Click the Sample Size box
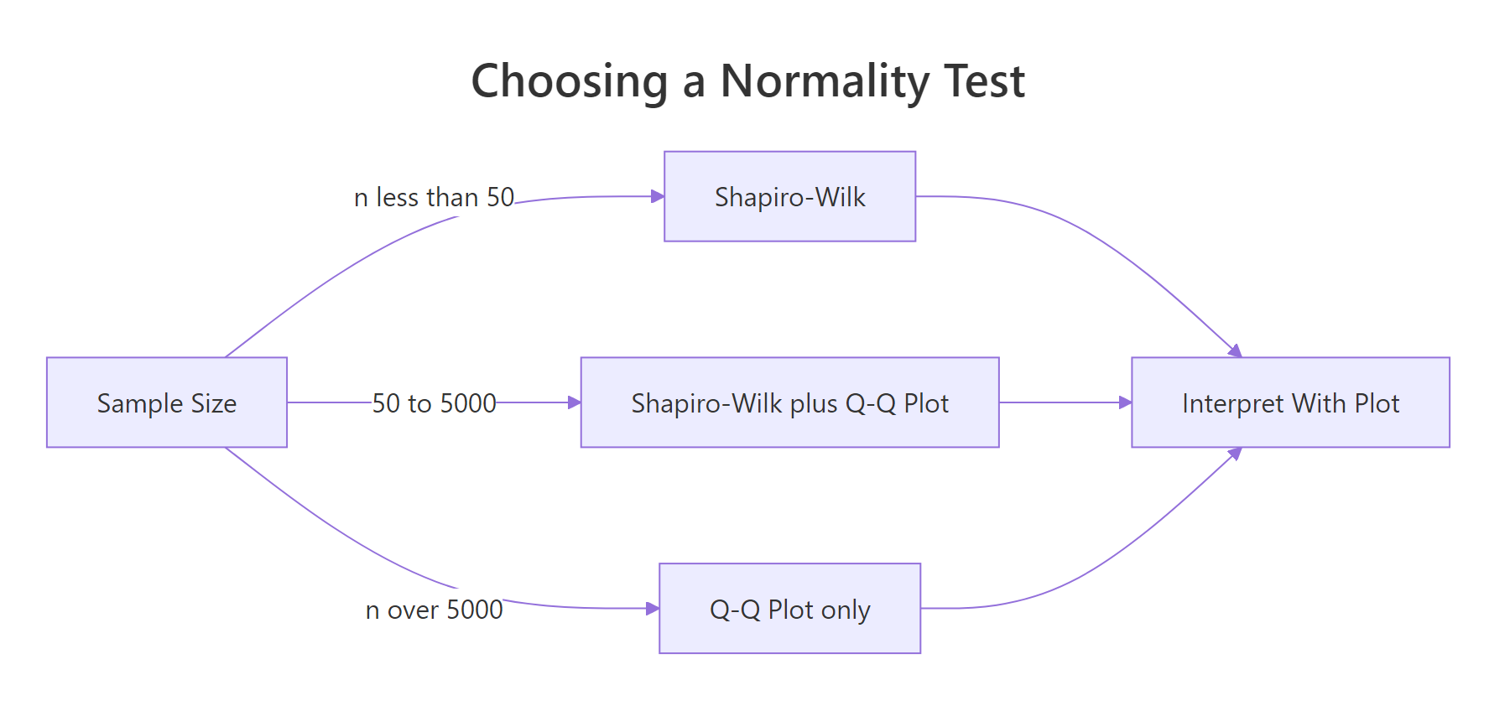pos(166,402)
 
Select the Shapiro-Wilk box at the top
pos(789,196)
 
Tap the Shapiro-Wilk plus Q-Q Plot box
pos(789,402)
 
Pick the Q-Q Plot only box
pos(789,609)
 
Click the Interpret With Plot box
pos(1290,402)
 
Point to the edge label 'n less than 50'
pos(434,197)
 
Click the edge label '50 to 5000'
pos(434,403)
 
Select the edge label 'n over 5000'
pos(434,610)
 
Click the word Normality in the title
pos(825,81)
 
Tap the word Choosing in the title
pos(570,81)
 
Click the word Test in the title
pos(984,81)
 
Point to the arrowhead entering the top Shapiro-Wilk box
pos(658,196)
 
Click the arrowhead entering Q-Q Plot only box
pos(653,609)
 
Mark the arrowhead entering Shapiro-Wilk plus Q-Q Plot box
pos(575,402)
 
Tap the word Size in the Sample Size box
pos(214,403)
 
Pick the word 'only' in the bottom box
pos(846,610)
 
